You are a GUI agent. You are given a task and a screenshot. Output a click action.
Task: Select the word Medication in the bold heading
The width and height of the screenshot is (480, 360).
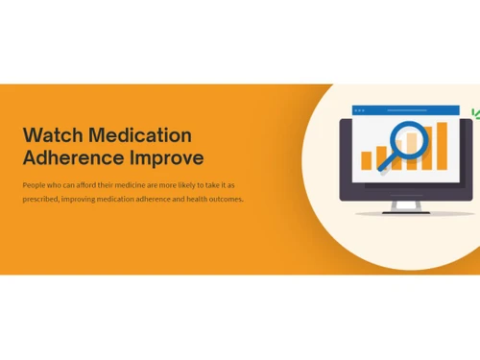140,134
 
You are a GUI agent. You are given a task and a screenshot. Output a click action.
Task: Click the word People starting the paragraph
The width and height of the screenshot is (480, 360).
36,184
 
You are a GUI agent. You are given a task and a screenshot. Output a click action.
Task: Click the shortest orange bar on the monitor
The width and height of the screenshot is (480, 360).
366,159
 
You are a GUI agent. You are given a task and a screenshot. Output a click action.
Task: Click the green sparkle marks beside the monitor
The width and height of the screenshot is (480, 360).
474,114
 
